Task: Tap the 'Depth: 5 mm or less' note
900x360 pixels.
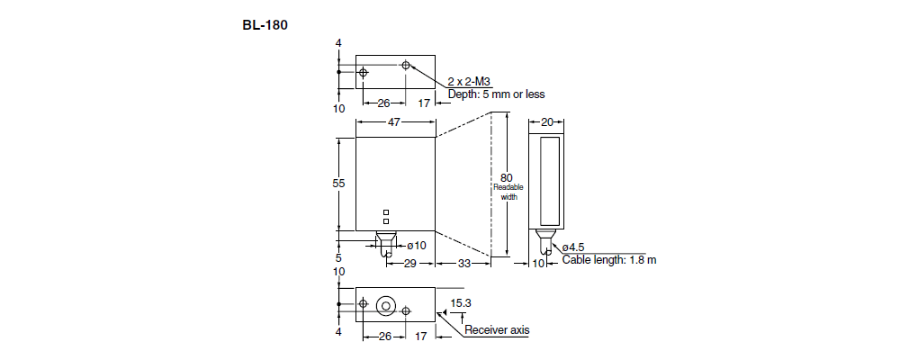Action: tap(496, 94)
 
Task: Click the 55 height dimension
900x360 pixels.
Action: tap(339, 183)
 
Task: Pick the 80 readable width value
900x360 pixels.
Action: tap(507, 177)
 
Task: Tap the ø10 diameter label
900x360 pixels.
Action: tap(416, 245)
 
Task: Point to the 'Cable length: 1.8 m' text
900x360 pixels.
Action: tap(609, 260)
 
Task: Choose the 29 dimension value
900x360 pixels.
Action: tap(409, 263)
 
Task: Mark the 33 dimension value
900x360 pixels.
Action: tap(464, 263)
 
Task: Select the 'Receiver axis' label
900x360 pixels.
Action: tap(497, 330)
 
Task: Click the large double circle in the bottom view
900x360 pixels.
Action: tap(386, 305)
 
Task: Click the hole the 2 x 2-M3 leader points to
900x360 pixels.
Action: tap(407, 66)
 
